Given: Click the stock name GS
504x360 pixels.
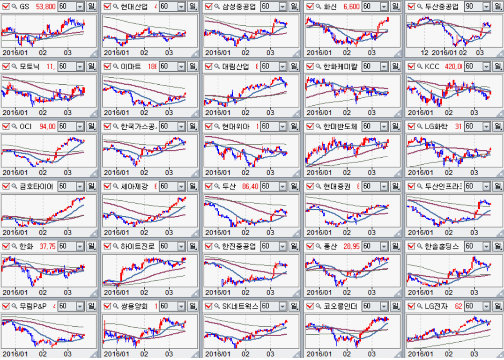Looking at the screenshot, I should (24, 7).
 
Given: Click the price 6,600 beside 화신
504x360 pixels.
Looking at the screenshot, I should (351, 7).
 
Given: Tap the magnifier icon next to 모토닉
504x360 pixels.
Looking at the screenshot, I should (14, 66).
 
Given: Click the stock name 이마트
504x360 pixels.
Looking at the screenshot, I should (131, 66).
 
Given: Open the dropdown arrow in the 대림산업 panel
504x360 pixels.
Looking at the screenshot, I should (282, 66).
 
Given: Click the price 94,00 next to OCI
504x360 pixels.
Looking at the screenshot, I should (47, 126).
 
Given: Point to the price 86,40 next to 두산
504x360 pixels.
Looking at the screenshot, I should (250, 186).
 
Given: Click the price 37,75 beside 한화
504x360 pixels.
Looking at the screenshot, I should (48, 246).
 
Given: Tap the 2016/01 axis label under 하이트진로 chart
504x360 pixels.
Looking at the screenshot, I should (117, 292).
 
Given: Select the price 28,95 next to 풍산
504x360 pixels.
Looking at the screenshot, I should (351, 246).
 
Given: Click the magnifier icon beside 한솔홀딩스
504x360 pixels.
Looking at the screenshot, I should (420, 246).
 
